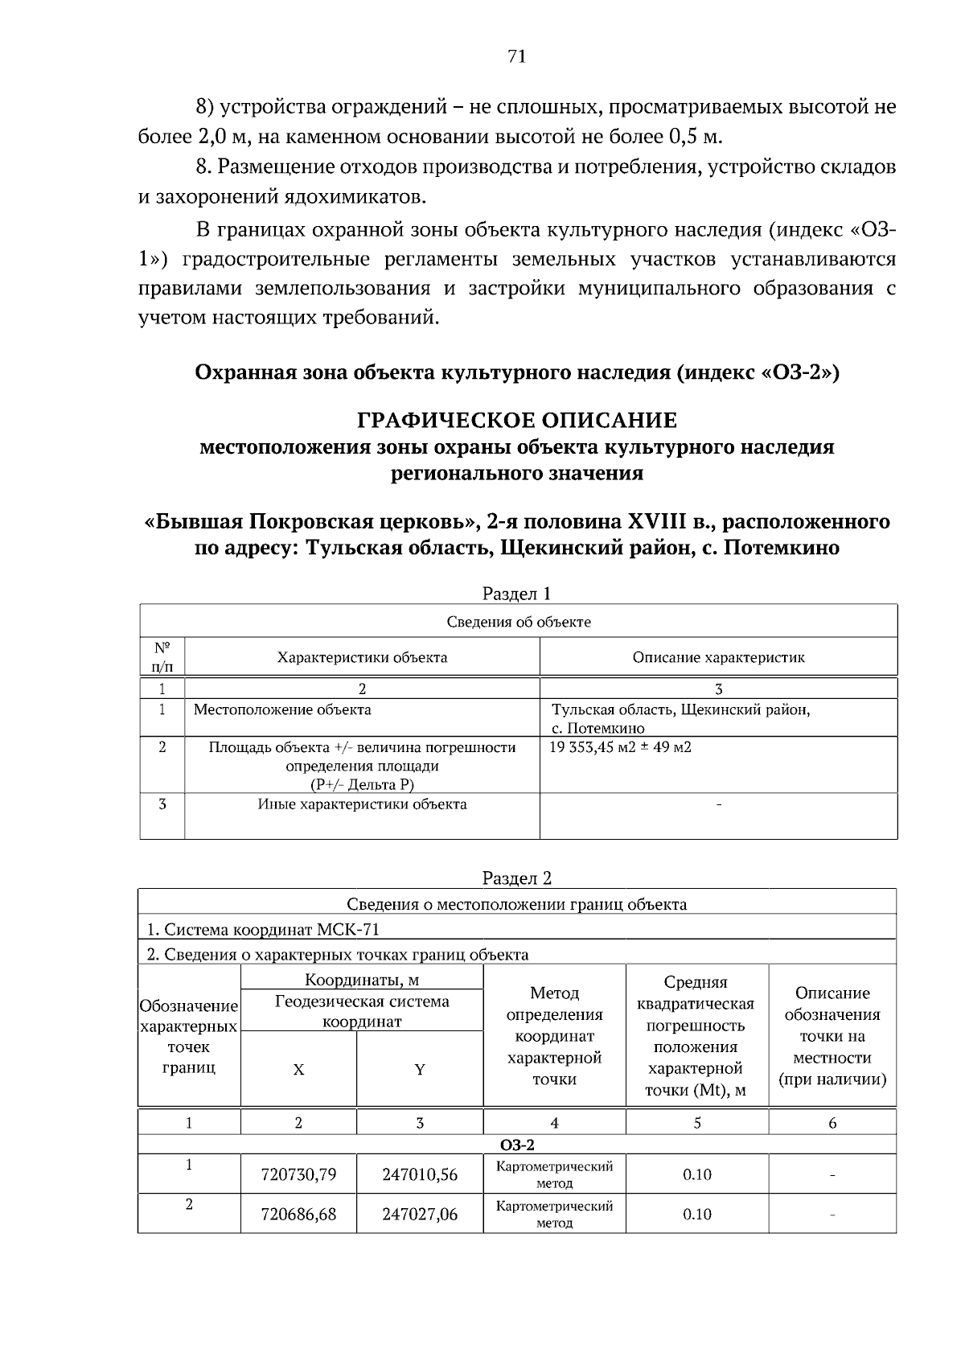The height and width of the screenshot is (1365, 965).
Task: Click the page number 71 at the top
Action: (x=516, y=56)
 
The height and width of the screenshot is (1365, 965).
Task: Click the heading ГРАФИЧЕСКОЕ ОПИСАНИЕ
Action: (x=516, y=421)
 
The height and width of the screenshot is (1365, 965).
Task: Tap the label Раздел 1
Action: (x=516, y=594)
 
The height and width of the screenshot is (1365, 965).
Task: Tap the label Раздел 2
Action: (x=516, y=878)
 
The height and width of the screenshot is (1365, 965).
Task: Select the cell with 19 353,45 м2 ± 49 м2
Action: (x=620, y=746)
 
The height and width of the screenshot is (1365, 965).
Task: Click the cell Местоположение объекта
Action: (x=282, y=709)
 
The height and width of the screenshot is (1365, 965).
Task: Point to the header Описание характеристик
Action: (x=718, y=657)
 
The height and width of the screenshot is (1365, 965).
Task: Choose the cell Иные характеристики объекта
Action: (x=362, y=804)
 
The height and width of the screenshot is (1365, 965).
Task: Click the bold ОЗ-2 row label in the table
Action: (x=516, y=1145)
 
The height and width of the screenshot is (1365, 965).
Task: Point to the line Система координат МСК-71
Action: (x=262, y=929)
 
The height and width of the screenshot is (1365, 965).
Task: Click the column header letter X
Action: (x=298, y=1070)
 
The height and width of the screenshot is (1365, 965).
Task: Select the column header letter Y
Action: (x=420, y=1070)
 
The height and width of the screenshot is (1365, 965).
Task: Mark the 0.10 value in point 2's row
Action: (x=697, y=1214)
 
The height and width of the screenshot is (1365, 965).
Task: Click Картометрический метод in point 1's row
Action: (x=554, y=1174)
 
